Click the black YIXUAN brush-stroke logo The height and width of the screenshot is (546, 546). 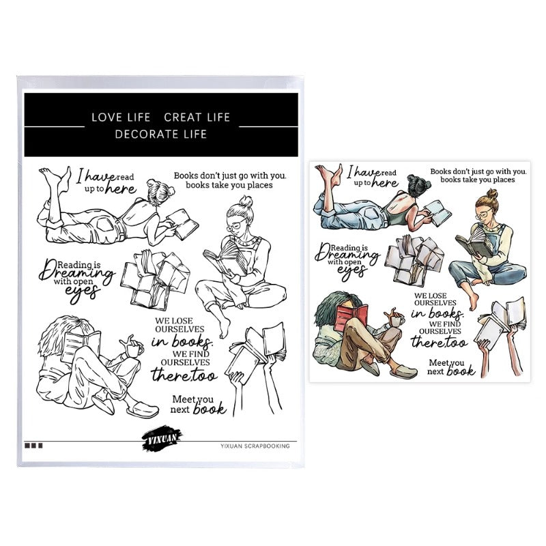click(x=162, y=438)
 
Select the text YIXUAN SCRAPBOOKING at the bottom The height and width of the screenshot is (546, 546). click(x=255, y=446)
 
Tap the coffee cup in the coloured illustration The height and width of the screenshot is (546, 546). click(x=397, y=319)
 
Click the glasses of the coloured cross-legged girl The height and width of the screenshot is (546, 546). click(x=484, y=214)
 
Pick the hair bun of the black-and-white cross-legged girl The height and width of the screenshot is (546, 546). click(x=246, y=201)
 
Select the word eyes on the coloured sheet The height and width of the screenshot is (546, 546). click(x=352, y=272)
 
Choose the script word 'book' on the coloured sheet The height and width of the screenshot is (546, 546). click(x=460, y=371)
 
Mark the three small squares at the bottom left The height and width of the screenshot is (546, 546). click(x=33, y=446)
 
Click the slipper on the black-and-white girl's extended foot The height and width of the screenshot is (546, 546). click(x=143, y=410)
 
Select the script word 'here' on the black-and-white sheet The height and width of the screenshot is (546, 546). click(x=121, y=189)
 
